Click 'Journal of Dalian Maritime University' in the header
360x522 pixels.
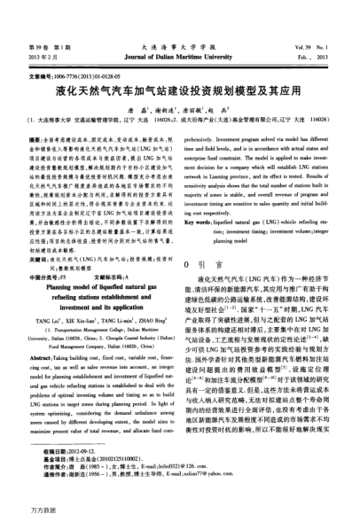pyautogui.click(x=179, y=54)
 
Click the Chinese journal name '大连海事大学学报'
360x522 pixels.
pyautogui.click(x=179, y=43)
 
